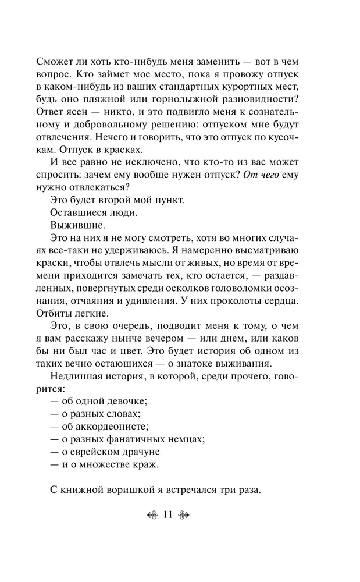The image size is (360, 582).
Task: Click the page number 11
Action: coord(169,513)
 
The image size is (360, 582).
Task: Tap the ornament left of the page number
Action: coord(152,514)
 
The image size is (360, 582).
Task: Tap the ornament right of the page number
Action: coord(186,514)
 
